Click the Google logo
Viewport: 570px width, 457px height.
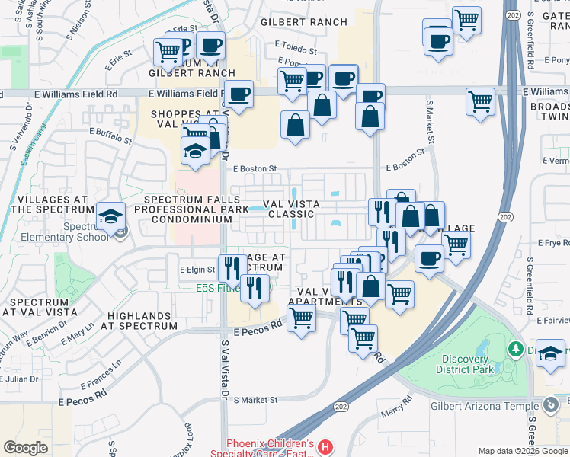pyautogui.click(x=25, y=448)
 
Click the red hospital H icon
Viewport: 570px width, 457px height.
pyautogui.click(x=325, y=446)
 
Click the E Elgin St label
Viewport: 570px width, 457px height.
pyautogui.click(x=198, y=270)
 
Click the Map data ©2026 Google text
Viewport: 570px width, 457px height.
pyautogui.click(x=523, y=451)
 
